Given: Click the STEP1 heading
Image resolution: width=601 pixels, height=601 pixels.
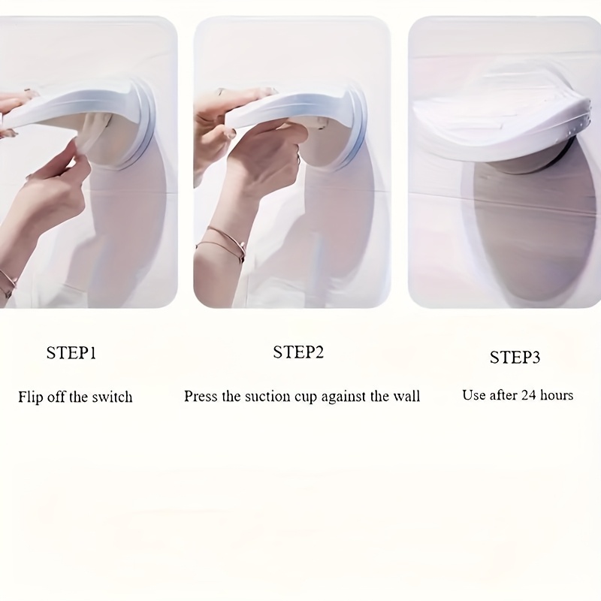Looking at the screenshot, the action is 71,352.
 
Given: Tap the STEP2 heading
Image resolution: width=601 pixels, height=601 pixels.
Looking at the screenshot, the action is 298,352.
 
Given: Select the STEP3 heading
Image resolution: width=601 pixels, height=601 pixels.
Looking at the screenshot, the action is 515,358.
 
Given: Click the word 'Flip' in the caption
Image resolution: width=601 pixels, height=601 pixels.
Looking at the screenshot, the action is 31,397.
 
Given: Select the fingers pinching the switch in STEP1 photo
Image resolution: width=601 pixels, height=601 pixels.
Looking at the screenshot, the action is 77,153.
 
